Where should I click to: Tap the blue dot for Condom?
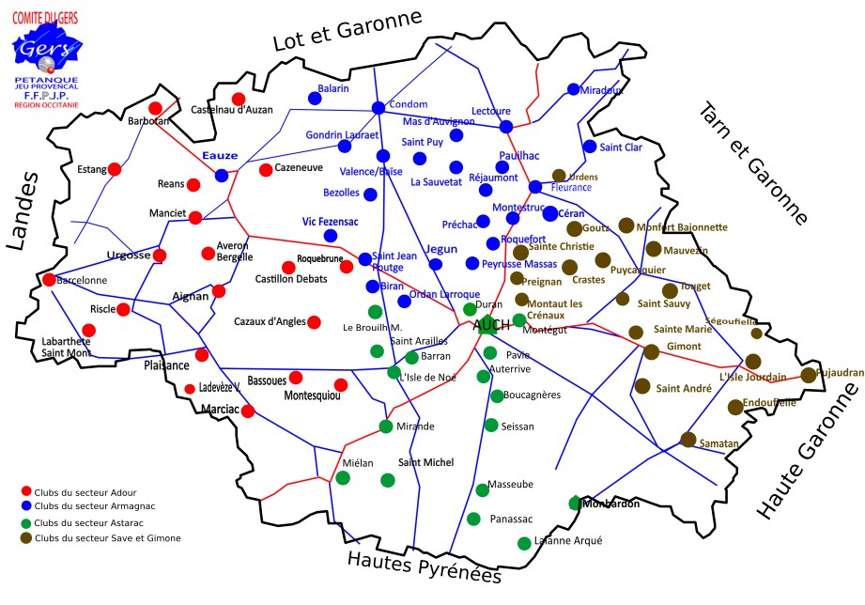click(x=378, y=107)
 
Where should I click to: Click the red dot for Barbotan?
click(x=155, y=108)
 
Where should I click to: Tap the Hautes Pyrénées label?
click(x=425, y=566)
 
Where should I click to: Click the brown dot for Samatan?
click(x=687, y=439)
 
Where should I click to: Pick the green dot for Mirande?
click(x=385, y=426)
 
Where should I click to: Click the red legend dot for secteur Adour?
click(x=25, y=491)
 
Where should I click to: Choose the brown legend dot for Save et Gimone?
click(x=25, y=538)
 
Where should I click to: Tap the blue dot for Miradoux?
click(x=573, y=89)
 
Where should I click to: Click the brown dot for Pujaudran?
click(x=808, y=375)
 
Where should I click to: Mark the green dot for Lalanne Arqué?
click(x=523, y=543)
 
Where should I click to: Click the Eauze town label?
click(x=221, y=155)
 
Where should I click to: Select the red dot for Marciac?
click(x=248, y=411)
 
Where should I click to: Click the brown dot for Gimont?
click(x=651, y=351)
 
